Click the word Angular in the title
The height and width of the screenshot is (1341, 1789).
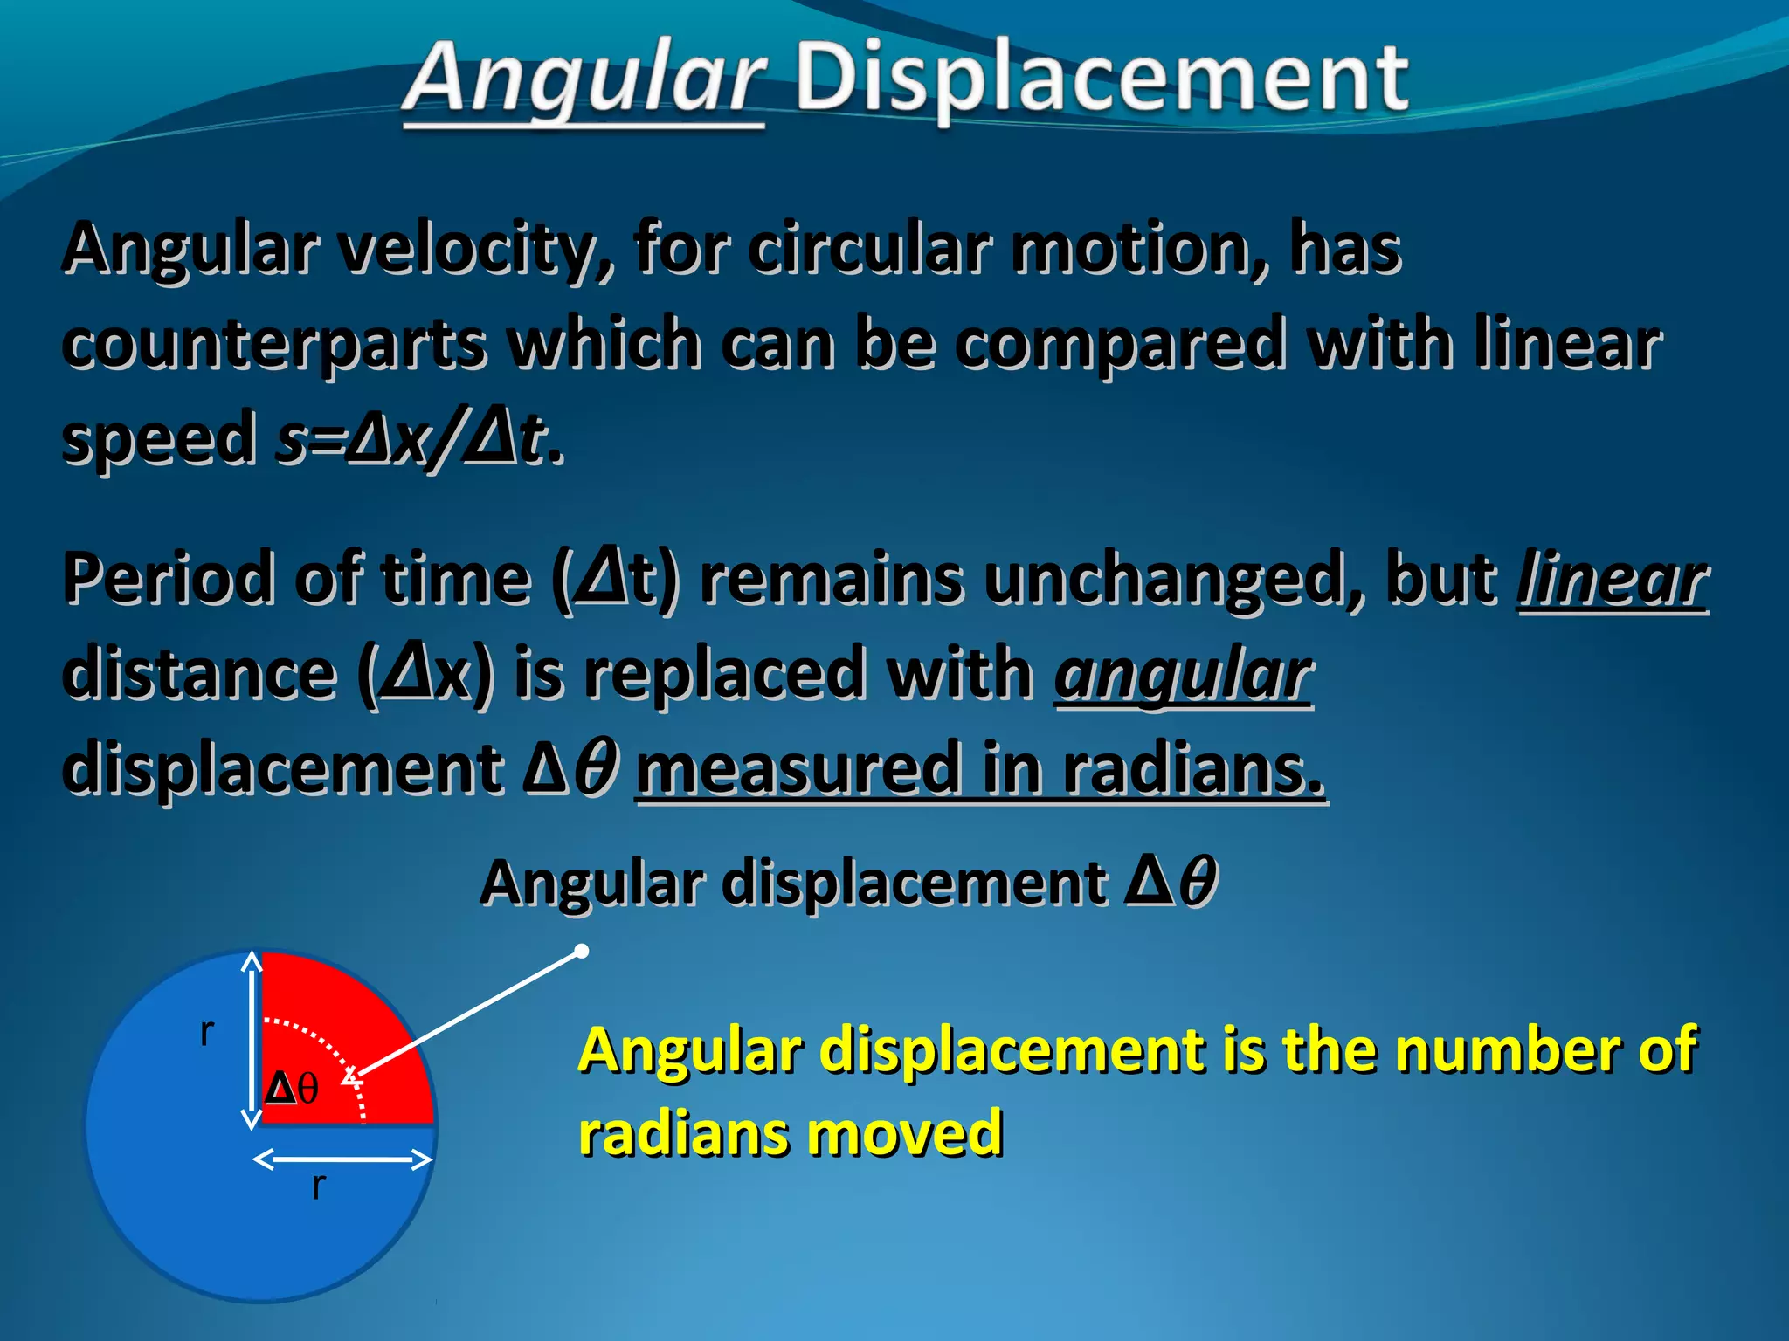click(584, 80)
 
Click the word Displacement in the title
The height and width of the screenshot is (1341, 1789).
click(1101, 80)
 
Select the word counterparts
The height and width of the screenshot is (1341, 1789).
click(274, 344)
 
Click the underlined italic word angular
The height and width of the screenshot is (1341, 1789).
click(1184, 674)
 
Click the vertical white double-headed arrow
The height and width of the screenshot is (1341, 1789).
click(252, 1039)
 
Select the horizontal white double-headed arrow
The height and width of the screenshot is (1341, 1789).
click(342, 1159)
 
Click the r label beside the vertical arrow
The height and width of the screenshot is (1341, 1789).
click(207, 1032)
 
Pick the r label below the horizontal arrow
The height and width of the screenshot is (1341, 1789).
click(319, 1186)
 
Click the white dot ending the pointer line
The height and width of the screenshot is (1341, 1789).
click(582, 951)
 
